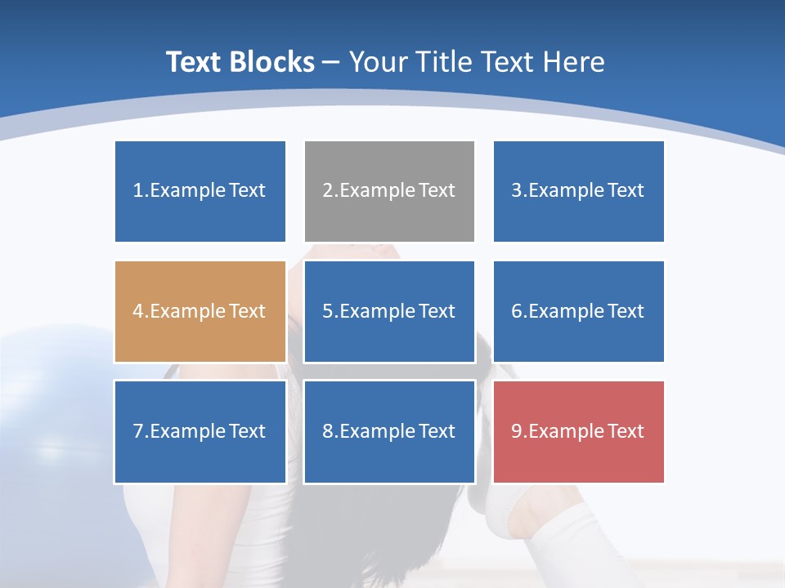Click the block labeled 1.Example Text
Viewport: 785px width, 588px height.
(200, 191)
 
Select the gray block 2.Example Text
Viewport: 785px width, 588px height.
(389, 191)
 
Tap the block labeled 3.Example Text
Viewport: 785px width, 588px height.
(579, 191)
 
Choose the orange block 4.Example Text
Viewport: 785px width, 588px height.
(200, 311)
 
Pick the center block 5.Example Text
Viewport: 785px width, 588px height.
(389, 311)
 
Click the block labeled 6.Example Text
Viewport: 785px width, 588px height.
(579, 311)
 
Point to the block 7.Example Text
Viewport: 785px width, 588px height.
(200, 431)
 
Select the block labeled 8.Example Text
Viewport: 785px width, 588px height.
(389, 431)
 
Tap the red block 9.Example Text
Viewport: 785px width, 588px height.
(579, 431)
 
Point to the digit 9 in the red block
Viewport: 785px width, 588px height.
(517, 431)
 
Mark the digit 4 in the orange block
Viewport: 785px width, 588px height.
(138, 311)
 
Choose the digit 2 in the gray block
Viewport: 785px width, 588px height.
(328, 191)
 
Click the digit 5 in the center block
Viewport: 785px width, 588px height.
(328, 311)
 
